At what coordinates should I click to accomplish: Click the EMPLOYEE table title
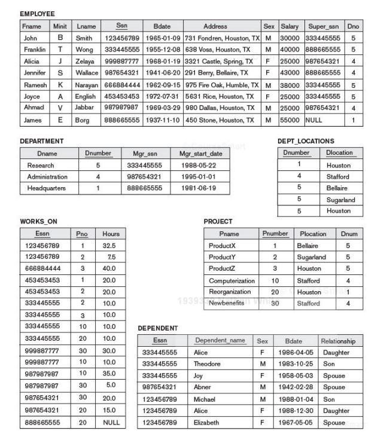[37, 14]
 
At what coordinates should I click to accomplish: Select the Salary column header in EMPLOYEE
[290, 26]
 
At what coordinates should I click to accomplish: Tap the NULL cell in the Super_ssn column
[313, 120]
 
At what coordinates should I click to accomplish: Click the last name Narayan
[87, 85]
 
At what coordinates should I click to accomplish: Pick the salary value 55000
[290, 120]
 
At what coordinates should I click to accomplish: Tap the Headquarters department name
[46, 188]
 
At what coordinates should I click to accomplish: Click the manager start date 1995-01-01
[200, 177]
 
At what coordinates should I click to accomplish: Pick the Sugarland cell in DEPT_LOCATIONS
[340, 200]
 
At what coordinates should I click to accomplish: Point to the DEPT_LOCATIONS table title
[306, 141]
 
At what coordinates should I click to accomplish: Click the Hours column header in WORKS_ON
[111, 234]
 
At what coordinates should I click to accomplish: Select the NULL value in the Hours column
[111, 422]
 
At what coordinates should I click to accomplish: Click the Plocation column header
[313, 234]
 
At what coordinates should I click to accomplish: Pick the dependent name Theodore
[207, 364]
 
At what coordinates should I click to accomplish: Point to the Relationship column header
[338, 341]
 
